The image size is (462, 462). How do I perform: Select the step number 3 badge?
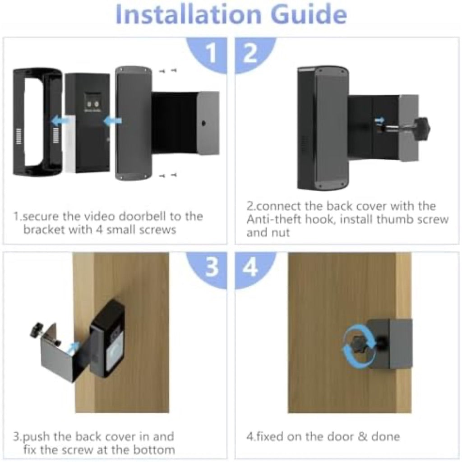211,268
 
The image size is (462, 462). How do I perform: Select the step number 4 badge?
250,268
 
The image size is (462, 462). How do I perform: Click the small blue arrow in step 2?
380,120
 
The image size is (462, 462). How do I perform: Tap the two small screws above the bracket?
168,70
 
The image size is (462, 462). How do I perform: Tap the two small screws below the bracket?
168,175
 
